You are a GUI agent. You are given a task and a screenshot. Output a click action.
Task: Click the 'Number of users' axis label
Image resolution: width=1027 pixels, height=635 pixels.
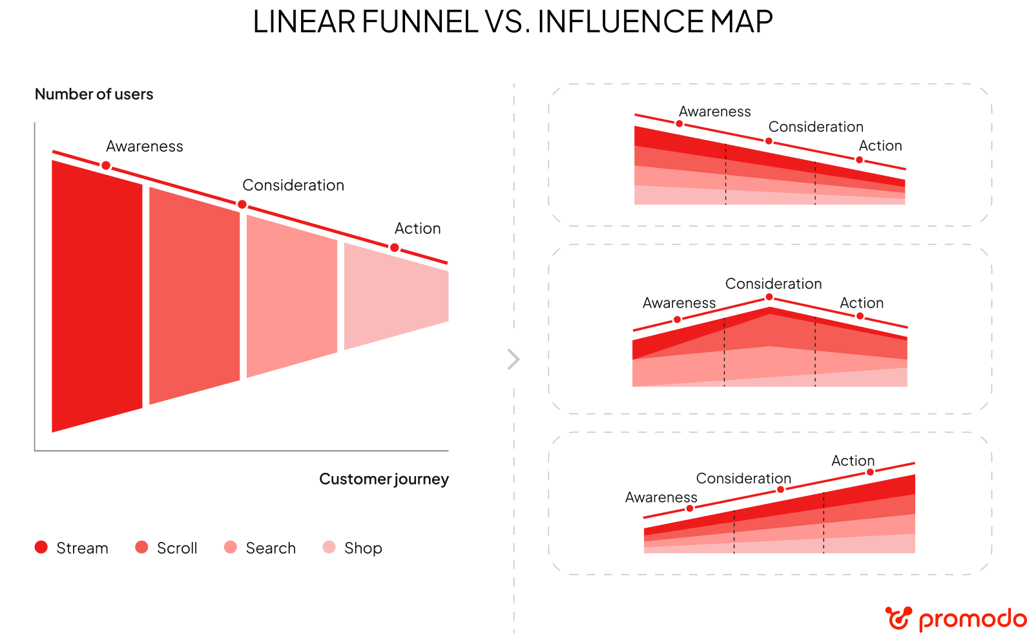tap(94, 94)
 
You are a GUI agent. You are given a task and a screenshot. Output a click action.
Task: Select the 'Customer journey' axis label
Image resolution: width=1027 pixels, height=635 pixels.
tap(384, 479)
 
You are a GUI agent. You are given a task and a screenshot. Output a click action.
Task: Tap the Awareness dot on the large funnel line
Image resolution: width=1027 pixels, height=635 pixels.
tap(106, 165)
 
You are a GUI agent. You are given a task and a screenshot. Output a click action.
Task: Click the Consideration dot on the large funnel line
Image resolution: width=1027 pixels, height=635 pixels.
tap(242, 205)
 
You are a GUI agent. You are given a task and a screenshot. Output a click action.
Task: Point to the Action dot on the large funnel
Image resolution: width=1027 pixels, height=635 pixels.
tap(395, 247)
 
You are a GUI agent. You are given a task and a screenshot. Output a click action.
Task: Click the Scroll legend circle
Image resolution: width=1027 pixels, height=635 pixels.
tap(141, 547)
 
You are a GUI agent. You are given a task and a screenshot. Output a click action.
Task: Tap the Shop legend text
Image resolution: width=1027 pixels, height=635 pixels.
tap(363, 548)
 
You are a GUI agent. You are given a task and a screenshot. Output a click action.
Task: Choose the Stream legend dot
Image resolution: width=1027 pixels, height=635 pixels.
tap(41, 547)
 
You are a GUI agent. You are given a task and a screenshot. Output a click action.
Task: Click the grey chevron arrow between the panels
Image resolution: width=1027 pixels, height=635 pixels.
tap(513, 359)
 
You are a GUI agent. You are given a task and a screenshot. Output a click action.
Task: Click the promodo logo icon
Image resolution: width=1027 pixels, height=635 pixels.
tap(898, 618)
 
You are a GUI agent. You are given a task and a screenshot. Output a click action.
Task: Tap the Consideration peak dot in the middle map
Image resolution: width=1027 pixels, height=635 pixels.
tap(769, 297)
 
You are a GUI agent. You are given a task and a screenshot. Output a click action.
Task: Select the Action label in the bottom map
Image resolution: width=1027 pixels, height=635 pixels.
tap(853, 461)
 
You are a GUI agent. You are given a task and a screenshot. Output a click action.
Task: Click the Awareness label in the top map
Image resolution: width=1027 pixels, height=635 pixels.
tap(714, 112)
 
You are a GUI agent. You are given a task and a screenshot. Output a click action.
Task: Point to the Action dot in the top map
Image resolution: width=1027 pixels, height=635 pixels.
tap(859, 160)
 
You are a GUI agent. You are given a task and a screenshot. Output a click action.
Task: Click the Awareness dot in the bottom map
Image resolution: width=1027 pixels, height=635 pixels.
tap(690, 508)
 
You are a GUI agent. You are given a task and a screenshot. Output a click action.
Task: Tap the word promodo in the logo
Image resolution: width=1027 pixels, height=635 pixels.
tap(971, 619)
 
